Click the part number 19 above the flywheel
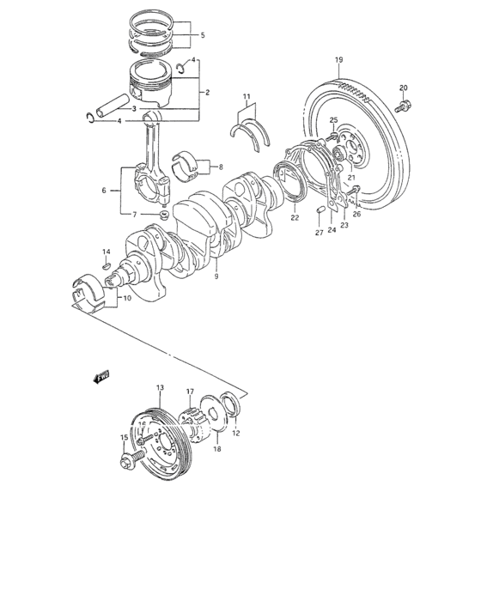tap(338, 59)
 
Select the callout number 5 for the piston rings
tap(202, 36)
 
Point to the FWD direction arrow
tap(101, 376)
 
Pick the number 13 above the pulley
tap(160, 389)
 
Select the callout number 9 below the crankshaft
tap(216, 276)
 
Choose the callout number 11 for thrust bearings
tap(246, 96)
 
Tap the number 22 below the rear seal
tap(294, 218)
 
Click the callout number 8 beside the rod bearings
tap(220, 167)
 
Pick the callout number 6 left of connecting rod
tap(105, 190)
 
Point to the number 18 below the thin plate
tap(216, 449)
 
